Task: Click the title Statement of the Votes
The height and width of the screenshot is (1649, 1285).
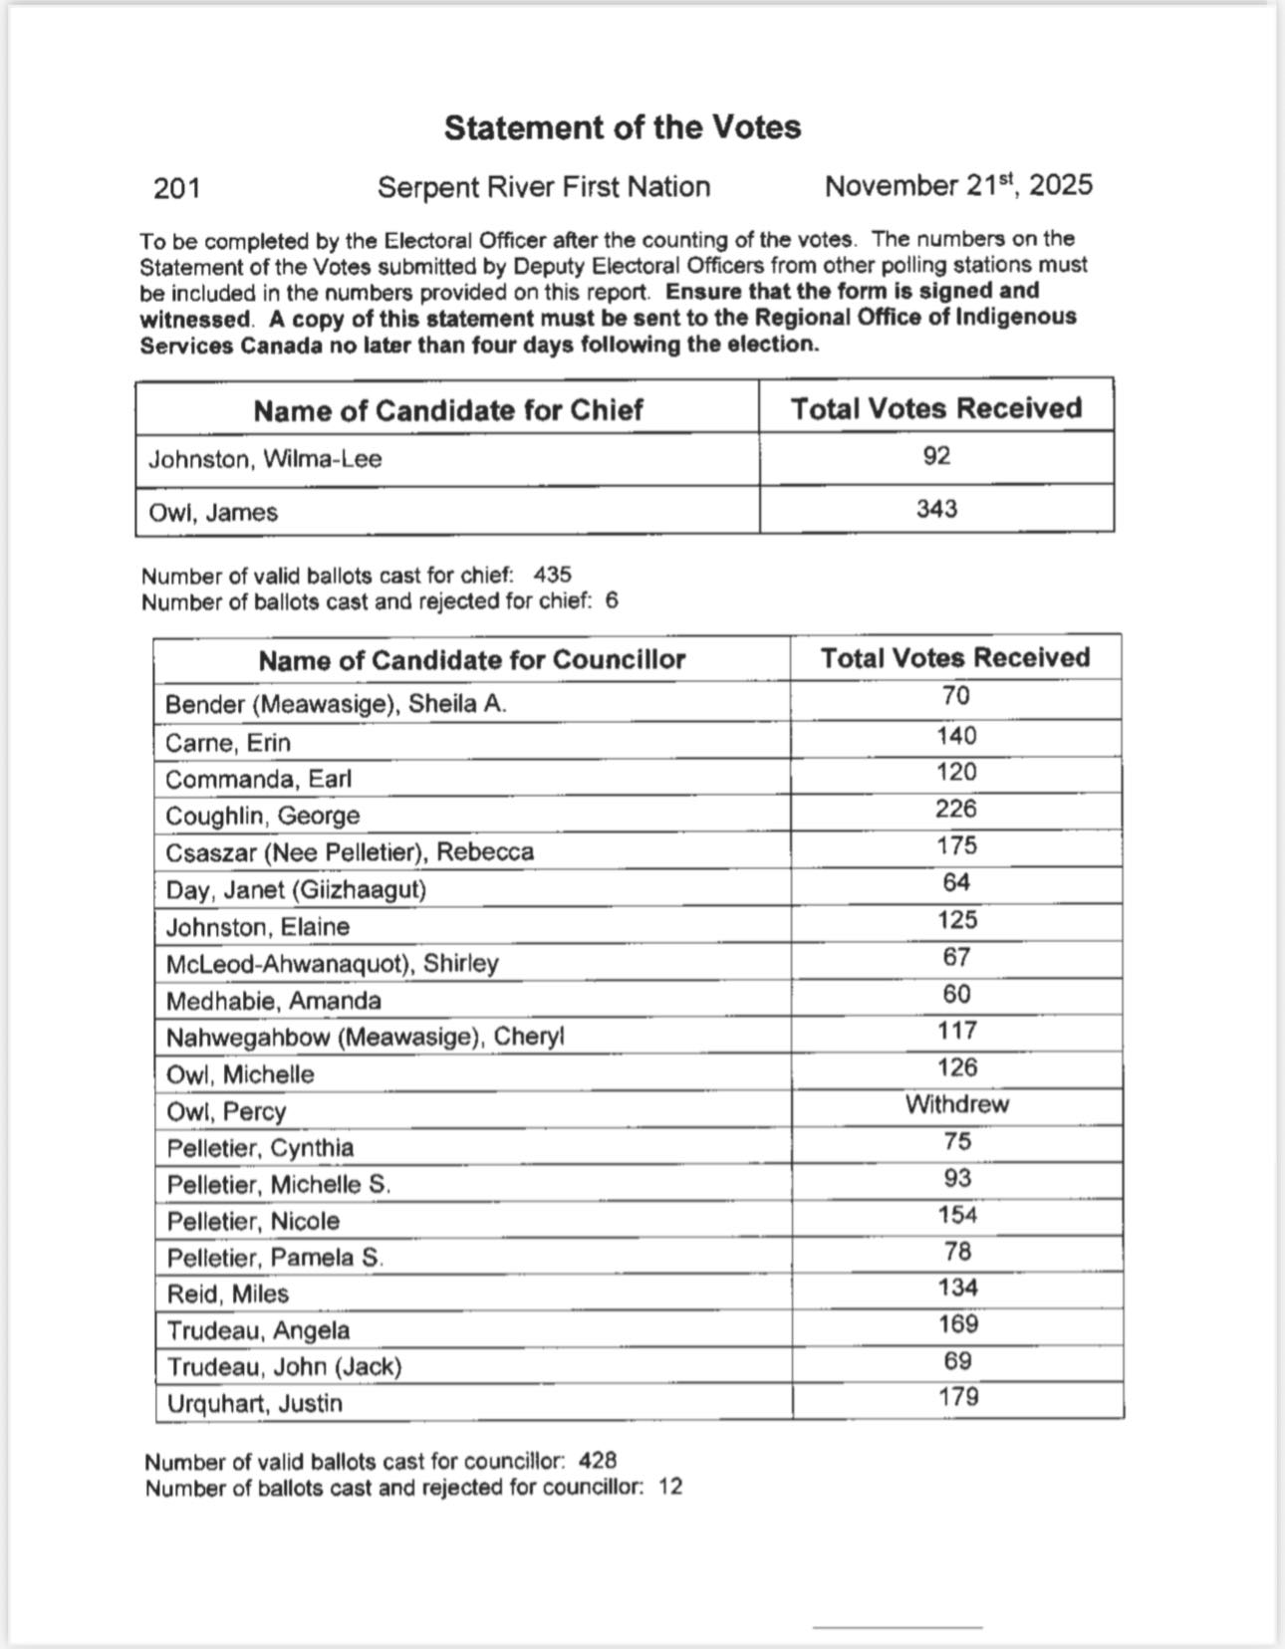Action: [622, 127]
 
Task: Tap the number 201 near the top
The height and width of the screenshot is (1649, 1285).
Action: [177, 187]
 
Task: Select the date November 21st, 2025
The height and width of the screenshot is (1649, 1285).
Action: [958, 185]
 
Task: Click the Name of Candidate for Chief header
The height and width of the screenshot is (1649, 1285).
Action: [447, 410]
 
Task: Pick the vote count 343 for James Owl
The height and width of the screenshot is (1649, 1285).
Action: [936, 509]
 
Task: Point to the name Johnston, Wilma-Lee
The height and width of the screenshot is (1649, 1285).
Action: [265, 459]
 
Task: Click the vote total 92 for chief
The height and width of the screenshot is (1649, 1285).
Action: [936, 456]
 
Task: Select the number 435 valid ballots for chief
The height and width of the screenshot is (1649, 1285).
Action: [553, 575]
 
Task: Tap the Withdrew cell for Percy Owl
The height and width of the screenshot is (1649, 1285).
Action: [956, 1104]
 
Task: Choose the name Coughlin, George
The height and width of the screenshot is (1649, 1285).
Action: [262, 816]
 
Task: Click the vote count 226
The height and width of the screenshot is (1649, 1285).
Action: [955, 809]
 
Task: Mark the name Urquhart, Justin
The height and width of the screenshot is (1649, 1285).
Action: [254, 1403]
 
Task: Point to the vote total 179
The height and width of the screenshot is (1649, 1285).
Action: [957, 1397]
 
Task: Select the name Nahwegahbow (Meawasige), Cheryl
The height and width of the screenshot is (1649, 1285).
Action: [365, 1038]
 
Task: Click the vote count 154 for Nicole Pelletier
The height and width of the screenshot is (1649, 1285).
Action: [956, 1215]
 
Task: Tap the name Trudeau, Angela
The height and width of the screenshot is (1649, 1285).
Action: [258, 1330]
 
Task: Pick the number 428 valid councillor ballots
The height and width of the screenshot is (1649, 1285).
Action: [598, 1461]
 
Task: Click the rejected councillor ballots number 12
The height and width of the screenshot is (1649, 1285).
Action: [670, 1487]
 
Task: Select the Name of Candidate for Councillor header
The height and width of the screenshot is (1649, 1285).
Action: [472, 660]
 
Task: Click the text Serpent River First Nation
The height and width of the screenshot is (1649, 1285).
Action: [544, 187]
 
